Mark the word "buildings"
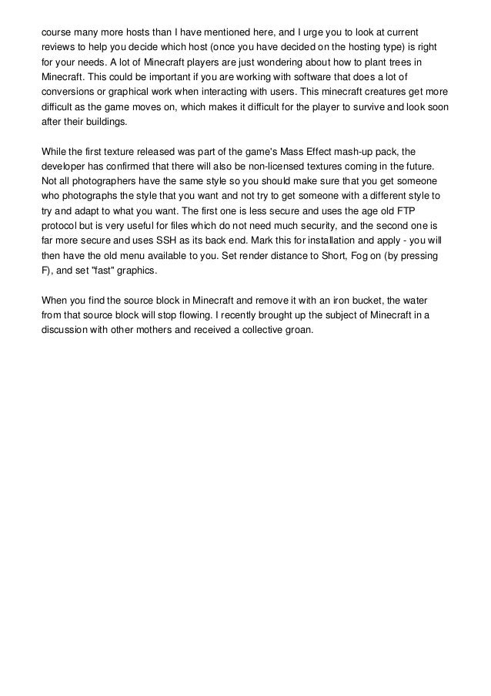106,122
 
